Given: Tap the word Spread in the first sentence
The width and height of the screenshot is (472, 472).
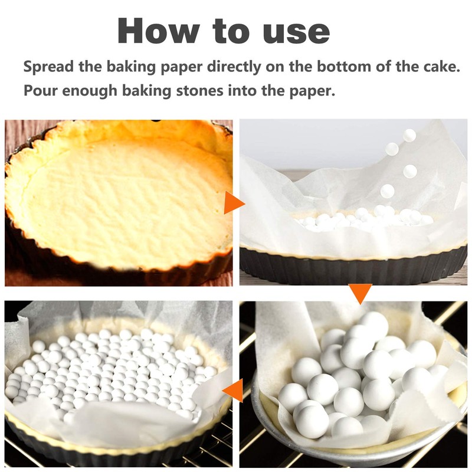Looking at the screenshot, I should tap(48, 66).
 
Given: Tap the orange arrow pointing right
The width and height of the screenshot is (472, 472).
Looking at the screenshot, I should tap(234, 203).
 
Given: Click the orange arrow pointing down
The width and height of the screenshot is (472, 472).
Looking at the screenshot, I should tap(360, 293).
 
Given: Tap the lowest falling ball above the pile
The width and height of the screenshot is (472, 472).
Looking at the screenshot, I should tap(387, 191).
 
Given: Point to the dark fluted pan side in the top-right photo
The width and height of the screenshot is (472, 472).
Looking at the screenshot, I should tap(354, 268).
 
